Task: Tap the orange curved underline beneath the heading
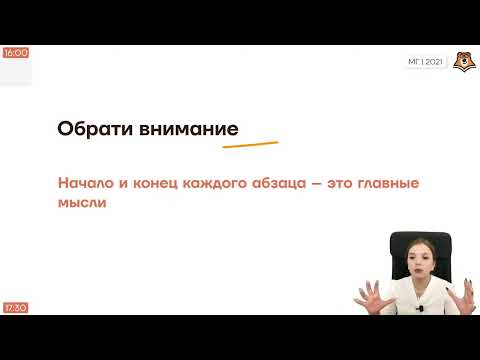(250, 145)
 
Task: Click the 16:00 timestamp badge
(15, 52)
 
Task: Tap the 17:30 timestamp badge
(15, 307)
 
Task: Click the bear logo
(461, 61)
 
